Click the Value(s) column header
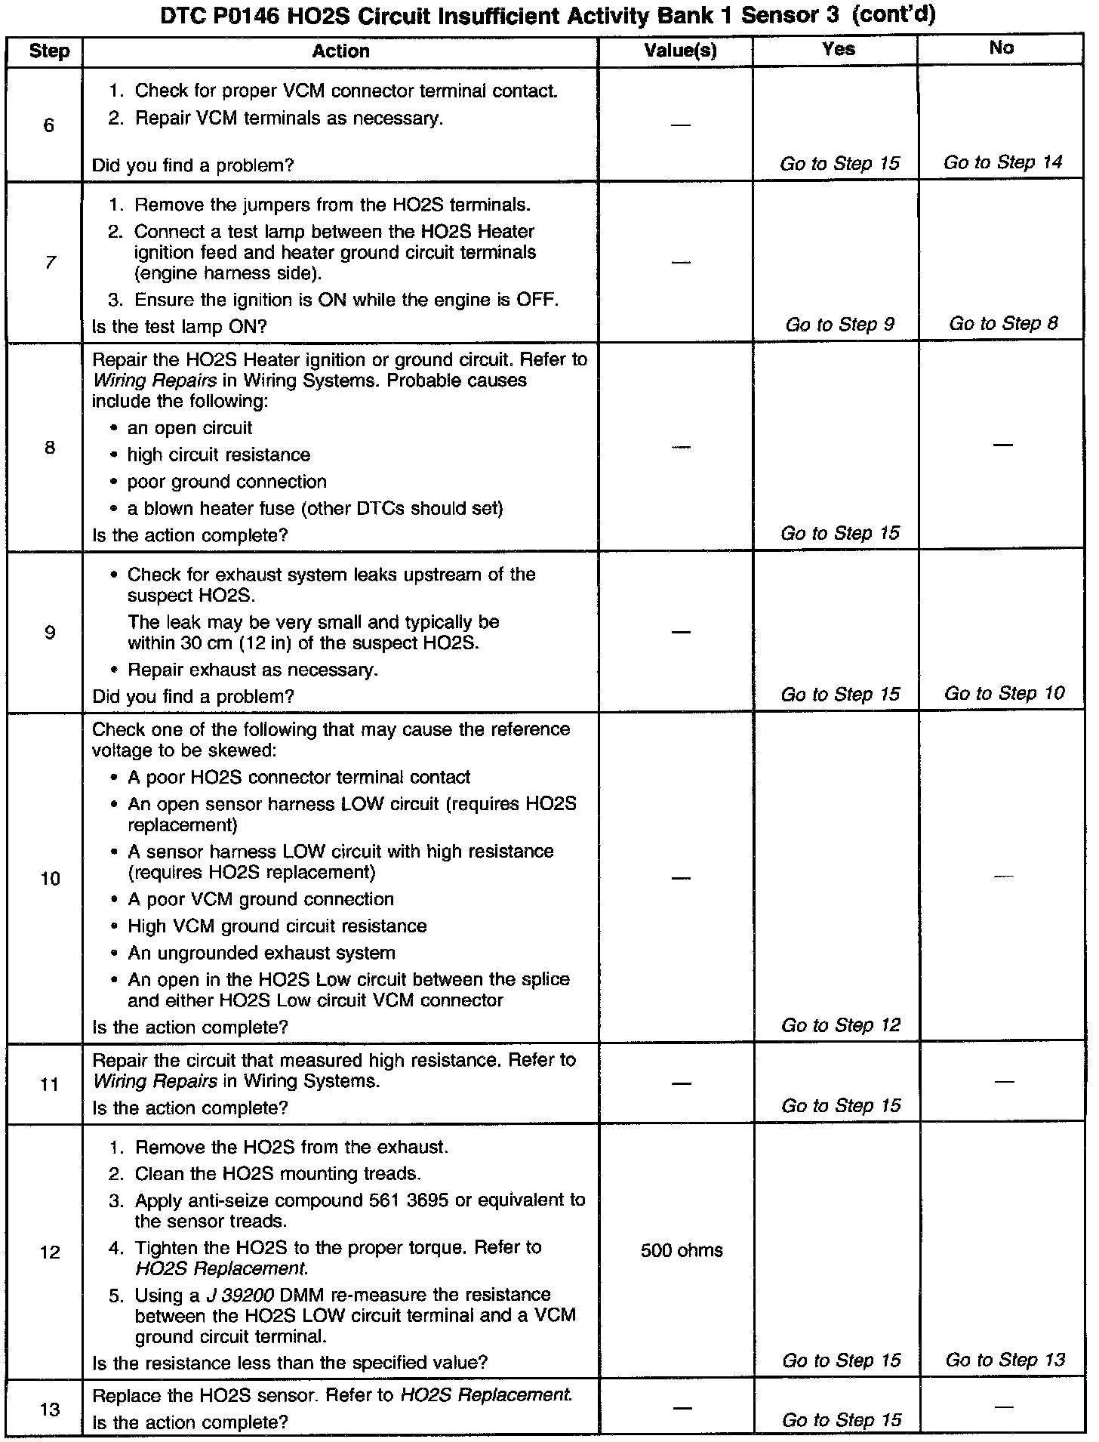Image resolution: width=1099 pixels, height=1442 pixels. (x=680, y=51)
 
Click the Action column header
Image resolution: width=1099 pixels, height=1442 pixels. (x=340, y=51)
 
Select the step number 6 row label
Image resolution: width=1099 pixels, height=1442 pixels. (x=49, y=125)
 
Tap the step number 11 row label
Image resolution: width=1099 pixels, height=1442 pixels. (x=49, y=1085)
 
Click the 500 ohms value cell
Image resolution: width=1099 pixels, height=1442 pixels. (x=682, y=1251)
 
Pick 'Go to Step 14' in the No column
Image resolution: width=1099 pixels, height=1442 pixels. (x=1002, y=162)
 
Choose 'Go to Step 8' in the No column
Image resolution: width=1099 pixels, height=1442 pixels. (x=1003, y=324)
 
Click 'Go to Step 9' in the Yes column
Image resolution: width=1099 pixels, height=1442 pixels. (x=839, y=325)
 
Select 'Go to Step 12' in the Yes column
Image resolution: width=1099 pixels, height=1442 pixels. (x=841, y=1025)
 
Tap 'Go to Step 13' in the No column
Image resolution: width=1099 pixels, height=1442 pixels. (x=1005, y=1360)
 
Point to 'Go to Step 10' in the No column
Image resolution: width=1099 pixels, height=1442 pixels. (x=1004, y=693)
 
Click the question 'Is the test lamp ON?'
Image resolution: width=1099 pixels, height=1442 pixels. (x=180, y=327)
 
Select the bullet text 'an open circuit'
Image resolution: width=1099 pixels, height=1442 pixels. (x=189, y=428)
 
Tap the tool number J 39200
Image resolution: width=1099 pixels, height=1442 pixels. (x=239, y=1296)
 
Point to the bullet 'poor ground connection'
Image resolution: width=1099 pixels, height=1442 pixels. (x=226, y=482)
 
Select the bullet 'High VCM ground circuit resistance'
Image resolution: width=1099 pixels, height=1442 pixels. (x=277, y=926)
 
